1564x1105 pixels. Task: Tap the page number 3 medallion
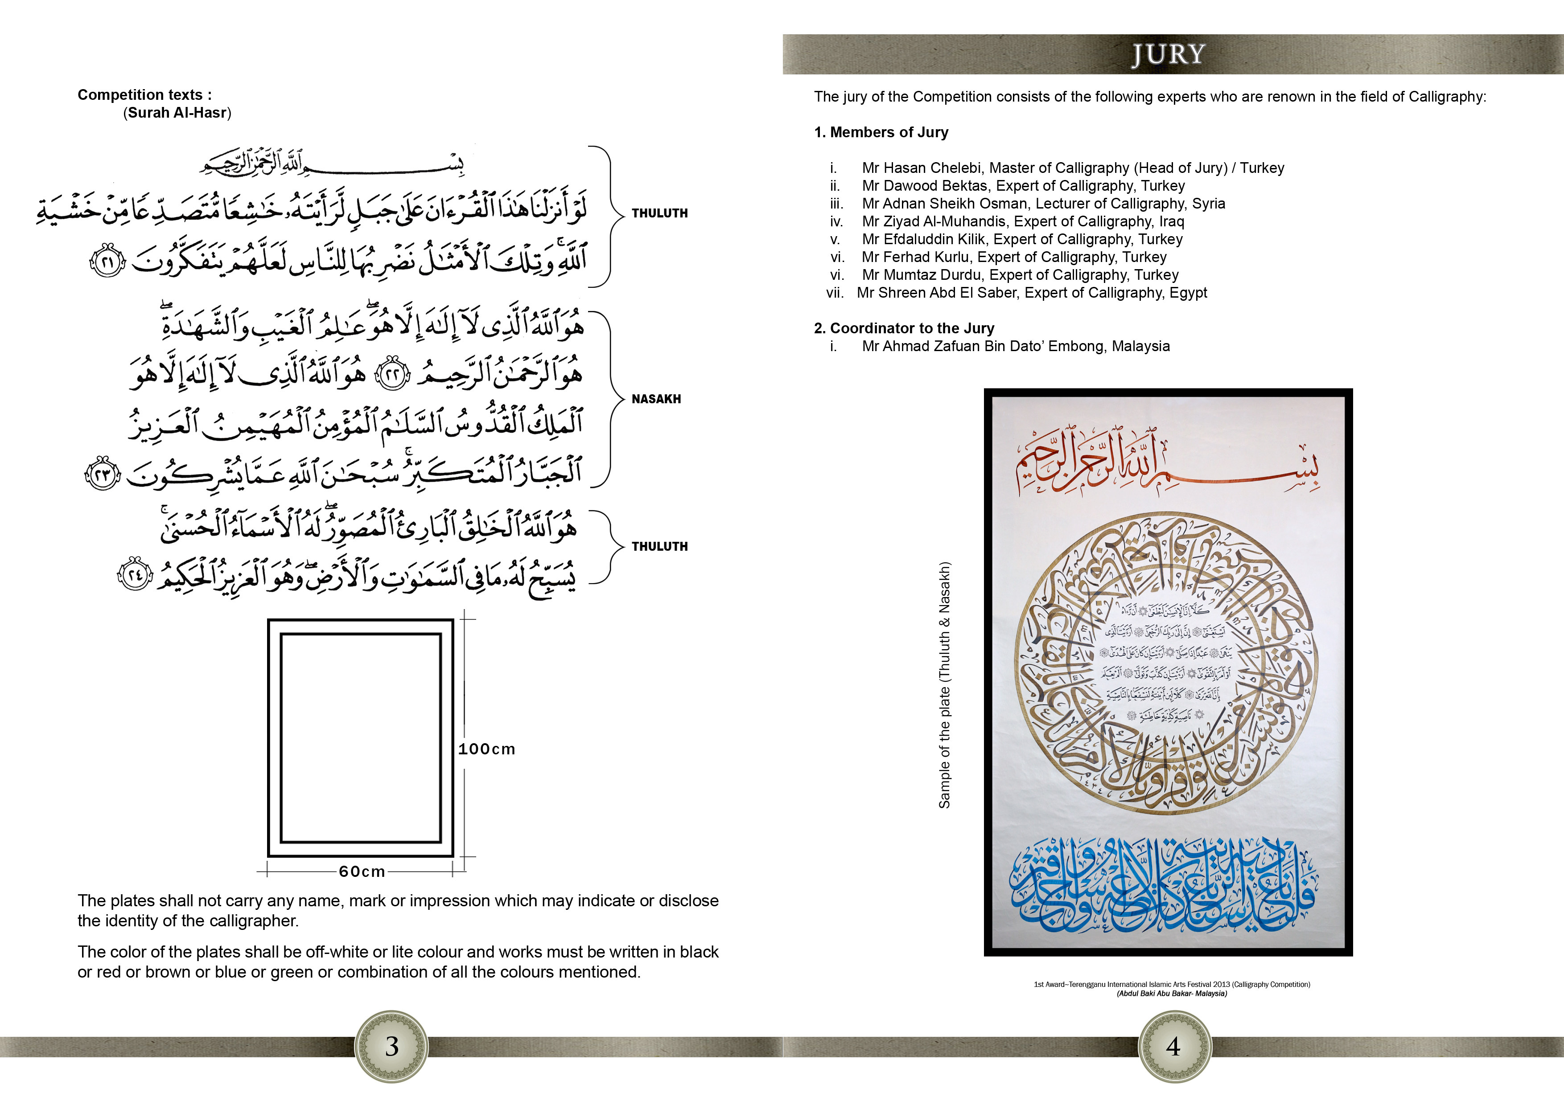(392, 1047)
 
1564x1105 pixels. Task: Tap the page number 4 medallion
(1173, 1047)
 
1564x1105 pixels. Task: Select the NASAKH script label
(656, 399)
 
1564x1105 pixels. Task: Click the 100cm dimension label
(486, 749)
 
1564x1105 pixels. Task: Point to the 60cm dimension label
(362, 872)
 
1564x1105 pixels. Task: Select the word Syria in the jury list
(1208, 204)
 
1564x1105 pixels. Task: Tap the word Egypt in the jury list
(1188, 293)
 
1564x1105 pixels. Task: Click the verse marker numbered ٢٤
(135, 575)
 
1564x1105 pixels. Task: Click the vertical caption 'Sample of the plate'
(944, 685)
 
